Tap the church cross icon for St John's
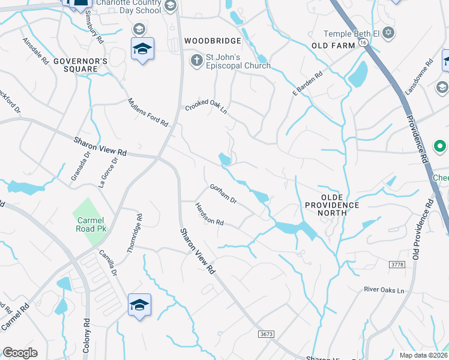point(196,60)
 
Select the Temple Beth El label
point(353,34)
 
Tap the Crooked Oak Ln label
point(206,106)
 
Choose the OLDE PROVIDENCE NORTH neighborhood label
point(333,205)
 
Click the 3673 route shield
point(267,333)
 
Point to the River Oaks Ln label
point(385,290)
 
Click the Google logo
point(20,353)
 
